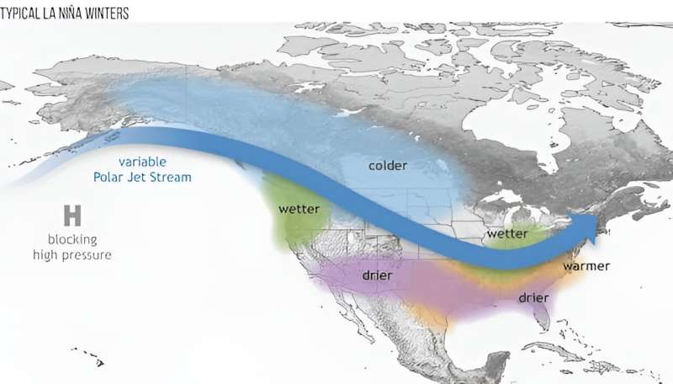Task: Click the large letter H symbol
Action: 72,216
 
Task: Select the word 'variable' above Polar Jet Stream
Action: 142,162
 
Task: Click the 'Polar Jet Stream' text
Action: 142,177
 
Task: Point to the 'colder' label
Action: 388,165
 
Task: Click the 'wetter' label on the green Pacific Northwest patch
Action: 298,208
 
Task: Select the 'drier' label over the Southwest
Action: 378,275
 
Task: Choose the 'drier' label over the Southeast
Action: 533,297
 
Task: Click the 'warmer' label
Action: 586,267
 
